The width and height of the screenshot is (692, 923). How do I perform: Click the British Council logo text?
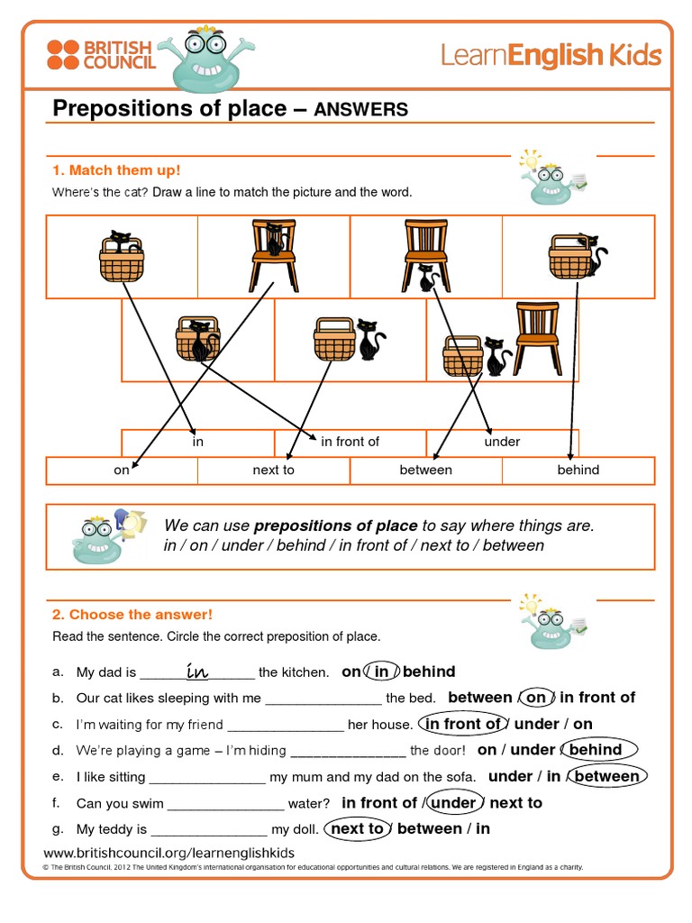pos(119,54)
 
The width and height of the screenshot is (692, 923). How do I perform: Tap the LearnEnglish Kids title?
pos(551,56)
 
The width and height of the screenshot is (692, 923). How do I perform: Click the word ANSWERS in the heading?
pos(360,110)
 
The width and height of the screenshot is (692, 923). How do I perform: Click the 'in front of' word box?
pos(350,442)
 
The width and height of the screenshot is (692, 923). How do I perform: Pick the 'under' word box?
pos(502,442)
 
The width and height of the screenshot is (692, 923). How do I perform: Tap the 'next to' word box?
pos(273,470)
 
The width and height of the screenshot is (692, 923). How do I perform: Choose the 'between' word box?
pos(425,470)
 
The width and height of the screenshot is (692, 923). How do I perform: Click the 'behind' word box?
pos(578,470)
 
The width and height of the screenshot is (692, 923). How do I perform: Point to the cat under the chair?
pos(427,279)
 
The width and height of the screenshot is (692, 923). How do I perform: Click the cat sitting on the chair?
pos(275,240)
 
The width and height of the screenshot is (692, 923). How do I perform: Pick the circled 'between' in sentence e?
pos(607,776)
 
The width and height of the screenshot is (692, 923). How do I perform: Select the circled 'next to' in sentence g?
pos(357,828)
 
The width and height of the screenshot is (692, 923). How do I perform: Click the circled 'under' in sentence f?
pos(453,802)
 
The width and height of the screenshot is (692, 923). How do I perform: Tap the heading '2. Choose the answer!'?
pos(132,615)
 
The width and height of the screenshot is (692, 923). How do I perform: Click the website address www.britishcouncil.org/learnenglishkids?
pos(169,853)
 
